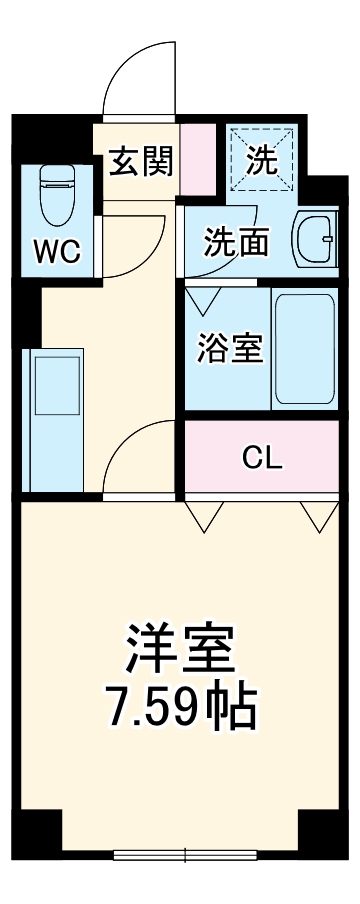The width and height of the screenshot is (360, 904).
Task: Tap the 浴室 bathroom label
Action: [x=229, y=349]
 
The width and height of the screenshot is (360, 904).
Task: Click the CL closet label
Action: [x=263, y=458]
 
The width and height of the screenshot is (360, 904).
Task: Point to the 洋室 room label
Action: [x=180, y=649]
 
